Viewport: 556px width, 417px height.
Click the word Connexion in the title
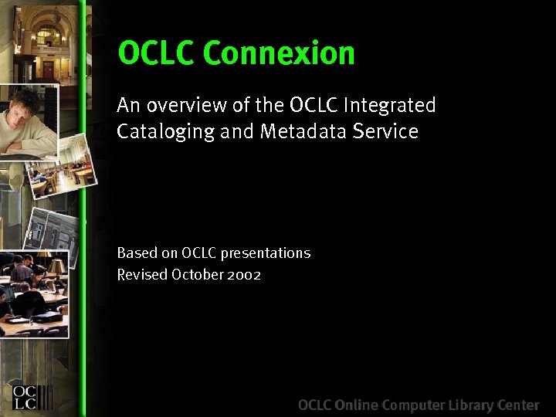279,54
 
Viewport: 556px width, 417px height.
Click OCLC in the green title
158,54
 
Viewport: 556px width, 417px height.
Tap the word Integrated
390,105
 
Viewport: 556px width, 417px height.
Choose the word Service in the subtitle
385,132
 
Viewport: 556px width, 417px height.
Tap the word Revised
142,275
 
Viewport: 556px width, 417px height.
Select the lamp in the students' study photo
56,266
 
